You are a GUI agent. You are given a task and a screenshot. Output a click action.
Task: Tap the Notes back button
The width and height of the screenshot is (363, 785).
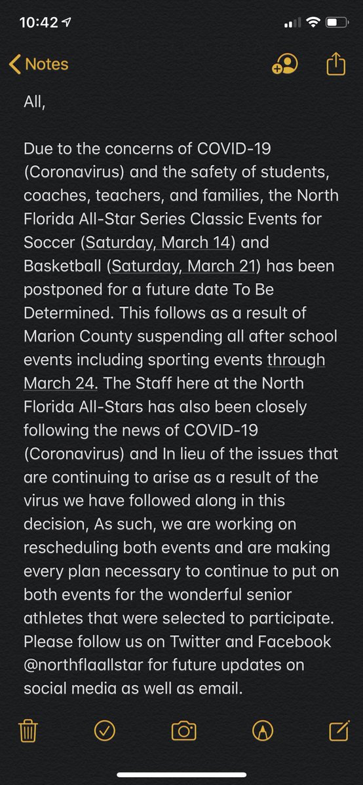coord(39,64)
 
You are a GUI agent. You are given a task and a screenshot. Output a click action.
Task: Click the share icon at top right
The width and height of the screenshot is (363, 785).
coord(335,64)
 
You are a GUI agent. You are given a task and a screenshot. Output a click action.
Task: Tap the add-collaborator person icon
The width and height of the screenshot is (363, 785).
coord(285,64)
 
